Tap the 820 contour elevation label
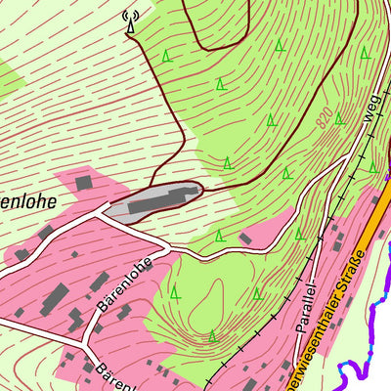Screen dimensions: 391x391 (326, 120)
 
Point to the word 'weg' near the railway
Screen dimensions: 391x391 (370, 111)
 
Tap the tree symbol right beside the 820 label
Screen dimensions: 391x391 (338, 118)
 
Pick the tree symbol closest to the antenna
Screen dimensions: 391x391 (168, 55)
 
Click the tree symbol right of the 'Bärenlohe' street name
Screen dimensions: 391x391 (175, 291)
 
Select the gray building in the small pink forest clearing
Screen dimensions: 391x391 (245, 238)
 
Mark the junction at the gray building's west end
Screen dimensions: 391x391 (105, 208)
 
